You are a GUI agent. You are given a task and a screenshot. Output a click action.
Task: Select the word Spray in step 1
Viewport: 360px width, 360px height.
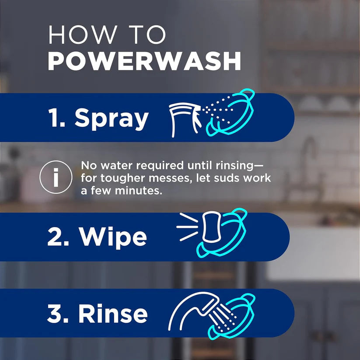pyautogui.click(x=112, y=118)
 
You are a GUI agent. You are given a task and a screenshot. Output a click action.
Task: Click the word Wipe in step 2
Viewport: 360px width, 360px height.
pyautogui.click(x=113, y=237)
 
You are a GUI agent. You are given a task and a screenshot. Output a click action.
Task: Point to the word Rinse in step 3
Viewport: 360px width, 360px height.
pyautogui.click(x=113, y=313)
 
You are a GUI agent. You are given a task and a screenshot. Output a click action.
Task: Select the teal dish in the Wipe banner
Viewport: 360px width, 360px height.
pyautogui.click(x=225, y=234)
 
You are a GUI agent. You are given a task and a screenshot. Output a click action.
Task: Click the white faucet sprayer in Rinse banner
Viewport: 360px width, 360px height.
pyautogui.click(x=192, y=308)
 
